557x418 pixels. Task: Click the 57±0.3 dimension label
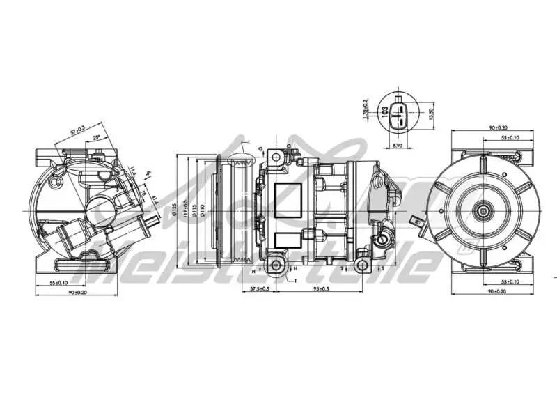click(78, 130)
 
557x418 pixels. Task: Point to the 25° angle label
click(97, 137)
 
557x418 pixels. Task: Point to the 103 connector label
click(384, 111)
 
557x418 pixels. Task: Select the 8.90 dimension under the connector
click(398, 145)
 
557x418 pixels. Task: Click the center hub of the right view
click(482, 210)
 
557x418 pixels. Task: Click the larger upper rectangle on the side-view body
click(284, 196)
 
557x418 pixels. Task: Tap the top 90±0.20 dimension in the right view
click(498, 128)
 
